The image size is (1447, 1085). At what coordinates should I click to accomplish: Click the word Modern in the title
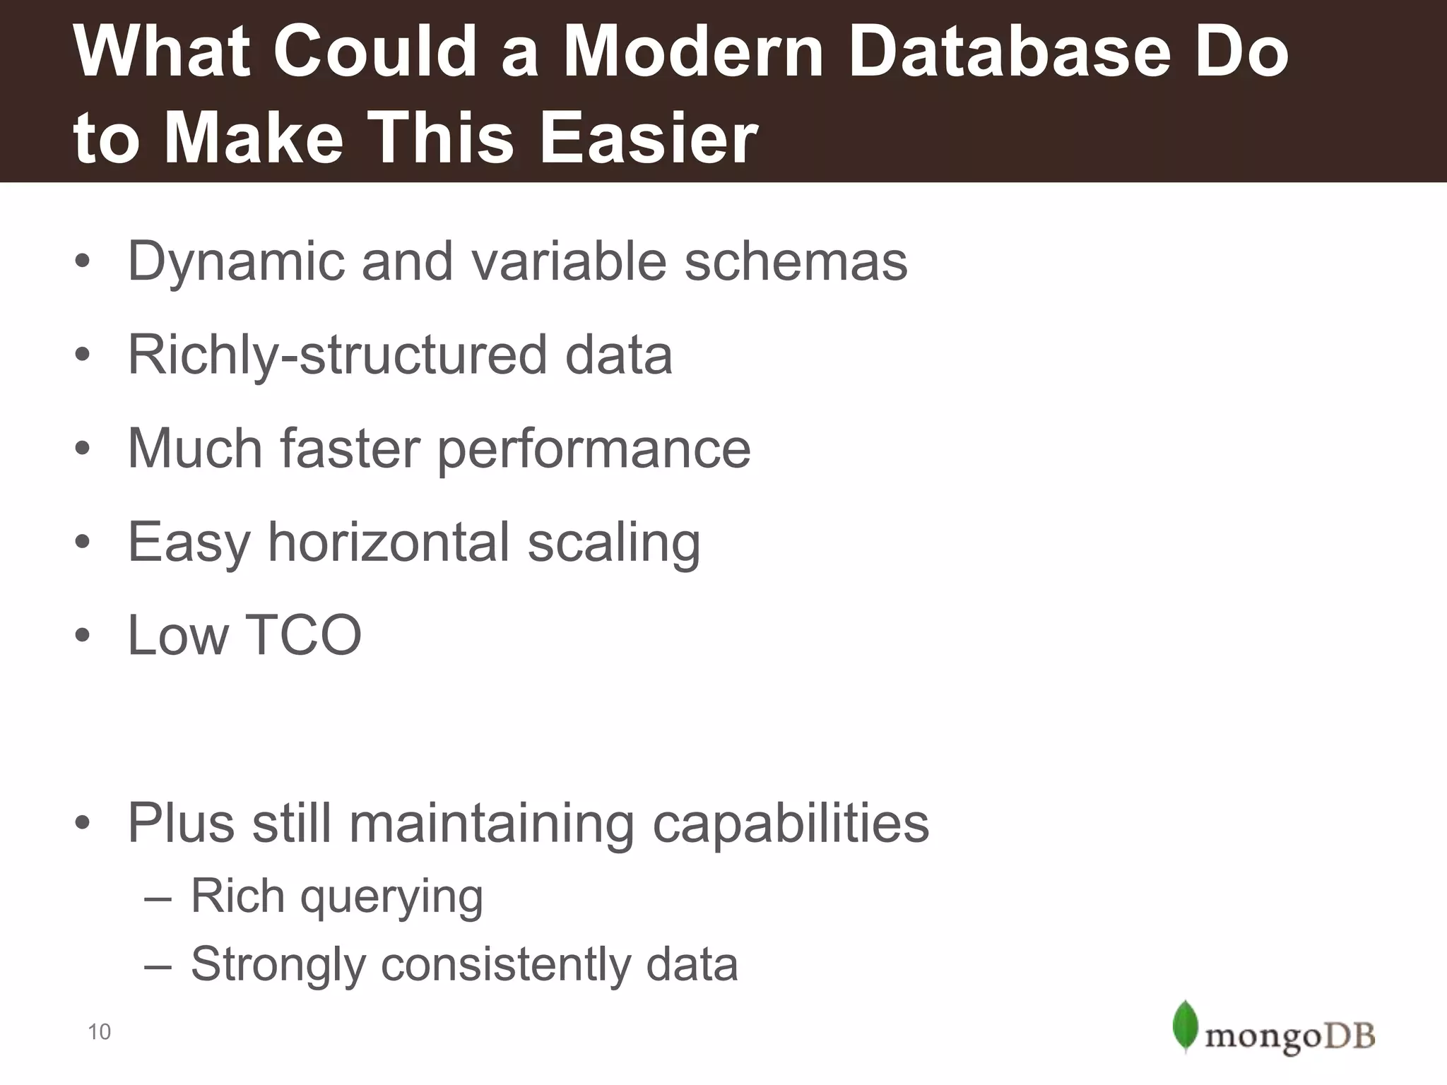tap(693, 52)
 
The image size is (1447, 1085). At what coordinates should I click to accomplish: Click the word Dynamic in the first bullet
tap(235, 262)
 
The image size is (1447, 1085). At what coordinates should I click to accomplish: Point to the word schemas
tap(796, 261)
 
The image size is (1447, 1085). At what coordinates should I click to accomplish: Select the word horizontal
tap(389, 542)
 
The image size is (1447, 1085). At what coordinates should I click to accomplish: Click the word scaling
tap(614, 543)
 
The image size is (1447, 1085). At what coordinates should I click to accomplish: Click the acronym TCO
tap(303, 635)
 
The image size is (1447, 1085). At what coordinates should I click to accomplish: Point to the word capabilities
tap(791, 824)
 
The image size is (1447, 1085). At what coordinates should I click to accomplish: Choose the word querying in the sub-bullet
tap(391, 898)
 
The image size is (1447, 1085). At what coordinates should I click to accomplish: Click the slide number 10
tap(99, 1032)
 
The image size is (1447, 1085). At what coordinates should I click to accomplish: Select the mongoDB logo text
tap(1289, 1037)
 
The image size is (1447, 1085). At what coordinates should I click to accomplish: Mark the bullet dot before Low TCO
tap(83, 636)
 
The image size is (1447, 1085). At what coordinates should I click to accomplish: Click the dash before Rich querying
tap(157, 900)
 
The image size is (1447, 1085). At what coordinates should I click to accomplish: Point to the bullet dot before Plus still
tap(83, 824)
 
